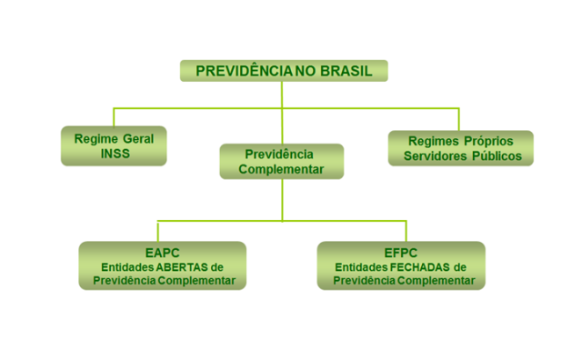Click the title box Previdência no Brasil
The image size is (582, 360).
point(284,71)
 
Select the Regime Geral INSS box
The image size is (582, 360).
point(114,146)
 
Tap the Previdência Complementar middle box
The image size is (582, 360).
point(281,161)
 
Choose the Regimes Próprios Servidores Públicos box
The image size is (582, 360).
point(460,148)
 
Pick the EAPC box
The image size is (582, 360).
point(162,265)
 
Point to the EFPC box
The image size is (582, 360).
point(401,265)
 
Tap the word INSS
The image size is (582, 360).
point(114,155)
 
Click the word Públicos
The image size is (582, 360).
point(497,156)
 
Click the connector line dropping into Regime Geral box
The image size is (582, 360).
point(114,116)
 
